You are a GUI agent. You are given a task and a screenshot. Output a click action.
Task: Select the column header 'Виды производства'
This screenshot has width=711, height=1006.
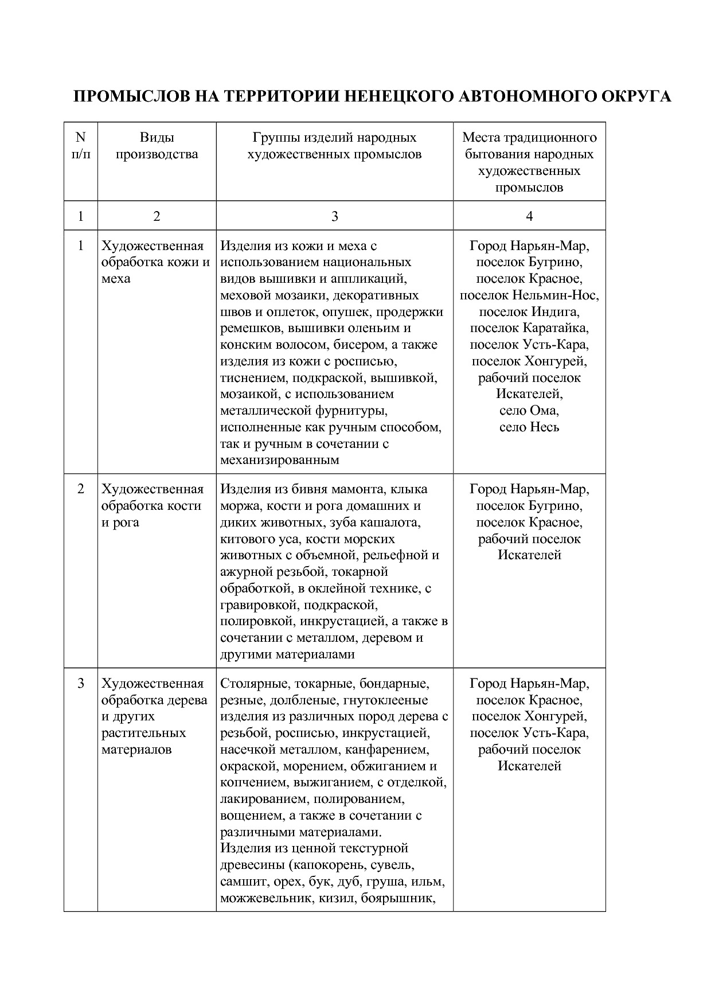(x=157, y=146)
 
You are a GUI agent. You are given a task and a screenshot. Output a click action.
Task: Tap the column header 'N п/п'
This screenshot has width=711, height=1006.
(x=80, y=146)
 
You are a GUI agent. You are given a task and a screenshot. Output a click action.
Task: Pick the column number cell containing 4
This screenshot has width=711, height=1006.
(x=529, y=216)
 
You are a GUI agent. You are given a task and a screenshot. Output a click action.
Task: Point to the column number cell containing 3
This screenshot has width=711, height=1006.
(x=334, y=216)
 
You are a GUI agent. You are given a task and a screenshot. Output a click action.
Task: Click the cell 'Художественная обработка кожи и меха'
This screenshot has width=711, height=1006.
(x=155, y=262)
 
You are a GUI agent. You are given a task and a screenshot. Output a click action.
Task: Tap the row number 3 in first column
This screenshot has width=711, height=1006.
(x=80, y=684)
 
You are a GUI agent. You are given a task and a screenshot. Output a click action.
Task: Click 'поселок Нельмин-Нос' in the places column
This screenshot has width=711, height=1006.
(x=529, y=295)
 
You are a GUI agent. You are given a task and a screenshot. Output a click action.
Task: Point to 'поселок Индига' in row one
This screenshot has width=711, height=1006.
(x=529, y=312)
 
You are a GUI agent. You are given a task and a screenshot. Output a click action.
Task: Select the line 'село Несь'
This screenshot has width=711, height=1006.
(x=529, y=427)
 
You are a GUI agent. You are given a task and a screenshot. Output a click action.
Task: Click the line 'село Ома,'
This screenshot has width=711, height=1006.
(x=529, y=411)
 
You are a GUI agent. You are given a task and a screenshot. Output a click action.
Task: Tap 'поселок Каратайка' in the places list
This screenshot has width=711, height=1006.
(x=529, y=328)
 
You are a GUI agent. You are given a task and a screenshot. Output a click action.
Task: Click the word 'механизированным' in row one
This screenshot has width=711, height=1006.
(x=279, y=460)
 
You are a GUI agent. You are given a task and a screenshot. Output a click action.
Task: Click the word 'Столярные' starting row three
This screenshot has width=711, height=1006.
(x=250, y=684)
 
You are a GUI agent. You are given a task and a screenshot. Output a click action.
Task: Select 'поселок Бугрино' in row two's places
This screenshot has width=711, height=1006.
(x=529, y=506)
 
